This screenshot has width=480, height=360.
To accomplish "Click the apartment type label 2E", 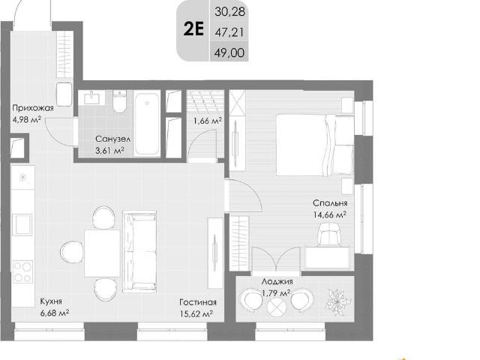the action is point(193,30).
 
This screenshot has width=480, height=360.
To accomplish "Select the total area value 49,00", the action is point(229,52).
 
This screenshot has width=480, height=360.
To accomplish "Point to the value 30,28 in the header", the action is point(230,12).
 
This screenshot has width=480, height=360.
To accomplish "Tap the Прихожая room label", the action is point(33,108).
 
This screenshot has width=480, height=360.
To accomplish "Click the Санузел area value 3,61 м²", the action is point(110,151).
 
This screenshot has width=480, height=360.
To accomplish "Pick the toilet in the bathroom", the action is point(119,101).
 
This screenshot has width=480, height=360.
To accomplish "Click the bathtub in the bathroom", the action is point(147,124).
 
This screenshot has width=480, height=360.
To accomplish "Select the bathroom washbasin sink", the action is point(91,97).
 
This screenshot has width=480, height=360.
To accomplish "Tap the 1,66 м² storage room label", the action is point(208,121).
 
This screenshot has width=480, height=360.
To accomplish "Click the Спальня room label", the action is point(330,203).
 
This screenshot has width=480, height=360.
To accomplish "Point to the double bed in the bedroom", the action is point(315,145).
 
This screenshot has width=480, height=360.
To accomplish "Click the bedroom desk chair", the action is point(329,234).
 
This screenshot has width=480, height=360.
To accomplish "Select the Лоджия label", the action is point(277,281).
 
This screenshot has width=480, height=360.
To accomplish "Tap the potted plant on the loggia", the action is point(338,302).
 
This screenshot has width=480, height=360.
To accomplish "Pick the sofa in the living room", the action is point(139,252).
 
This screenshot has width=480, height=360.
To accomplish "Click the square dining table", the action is point(102,253).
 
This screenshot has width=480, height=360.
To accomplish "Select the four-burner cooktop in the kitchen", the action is point(22,271).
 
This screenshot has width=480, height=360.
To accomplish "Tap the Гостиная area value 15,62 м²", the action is point(196,313).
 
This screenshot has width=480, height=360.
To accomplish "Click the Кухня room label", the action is point(51,301).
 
